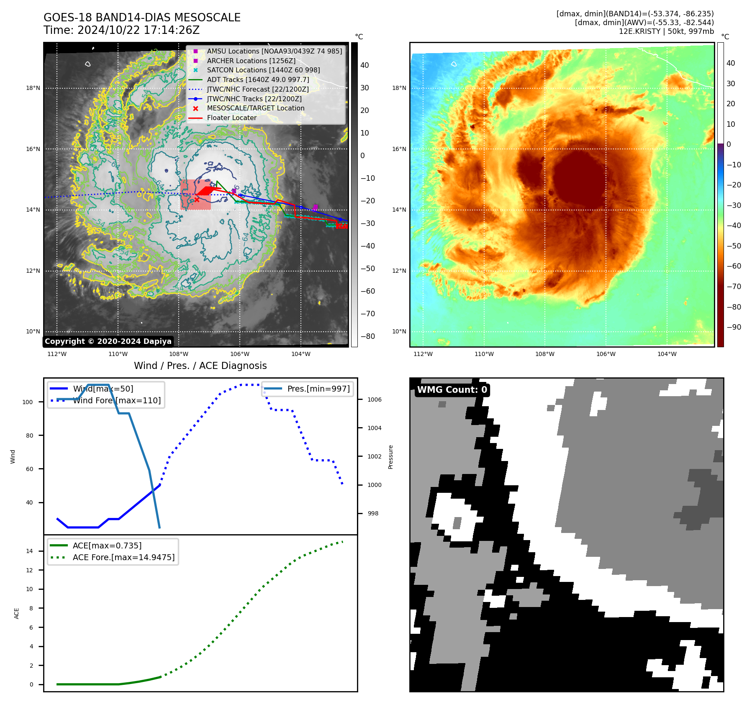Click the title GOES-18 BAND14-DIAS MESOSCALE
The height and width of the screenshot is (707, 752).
pyautogui.click(x=142, y=18)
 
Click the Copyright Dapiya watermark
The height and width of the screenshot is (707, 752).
pyautogui.click(x=108, y=341)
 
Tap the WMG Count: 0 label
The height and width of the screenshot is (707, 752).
pyautogui.click(x=452, y=390)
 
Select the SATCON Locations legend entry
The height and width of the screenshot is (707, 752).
pyautogui.click(x=263, y=70)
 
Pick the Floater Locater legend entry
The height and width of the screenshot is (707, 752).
pyautogui.click(x=231, y=118)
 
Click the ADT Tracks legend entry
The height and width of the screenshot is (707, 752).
pyautogui.click(x=258, y=80)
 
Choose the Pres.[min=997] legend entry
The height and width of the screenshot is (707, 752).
pyautogui.click(x=318, y=389)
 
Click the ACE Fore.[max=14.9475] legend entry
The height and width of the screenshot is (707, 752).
pyautogui.click(x=123, y=557)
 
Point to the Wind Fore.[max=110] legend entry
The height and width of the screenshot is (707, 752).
pyautogui.click(x=117, y=400)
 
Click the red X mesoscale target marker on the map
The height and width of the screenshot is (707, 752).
pyautogui.click(x=197, y=200)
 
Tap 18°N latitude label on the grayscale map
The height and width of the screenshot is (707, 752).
pyautogui.click(x=33, y=88)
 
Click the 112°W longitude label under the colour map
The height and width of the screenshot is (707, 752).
pyautogui.click(x=423, y=354)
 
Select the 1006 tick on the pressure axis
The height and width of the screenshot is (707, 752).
pyautogui.click(x=374, y=400)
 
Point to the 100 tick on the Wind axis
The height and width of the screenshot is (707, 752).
pyautogui.click(x=28, y=402)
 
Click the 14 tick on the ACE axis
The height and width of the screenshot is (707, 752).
pyautogui.click(x=29, y=551)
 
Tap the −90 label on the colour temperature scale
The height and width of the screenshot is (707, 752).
pyautogui.click(x=734, y=327)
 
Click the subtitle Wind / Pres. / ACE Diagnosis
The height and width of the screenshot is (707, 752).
pyautogui.click(x=200, y=366)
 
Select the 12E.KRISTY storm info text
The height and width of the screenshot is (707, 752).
pyautogui.click(x=666, y=31)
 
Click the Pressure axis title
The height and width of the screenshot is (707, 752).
pyautogui.click(x=390, y=457)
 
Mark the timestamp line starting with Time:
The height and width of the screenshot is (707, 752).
pyautogui.click(x=121, y=30)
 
